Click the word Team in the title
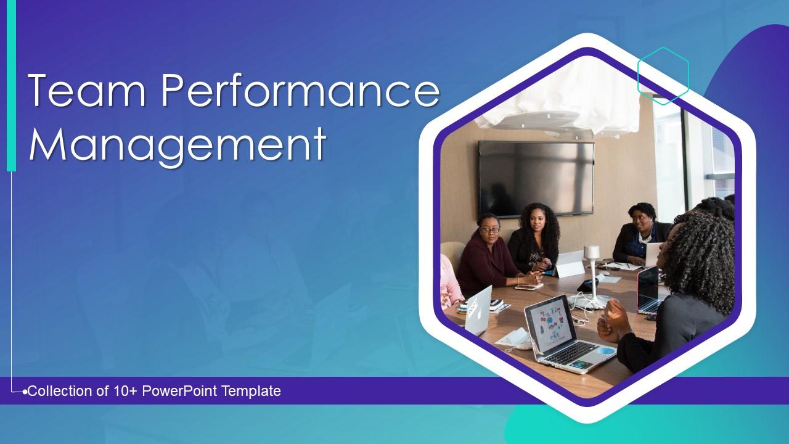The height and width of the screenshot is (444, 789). tap(86, 91)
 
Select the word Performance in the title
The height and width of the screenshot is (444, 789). tap(300, 91)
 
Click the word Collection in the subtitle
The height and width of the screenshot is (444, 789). tap(59, 391)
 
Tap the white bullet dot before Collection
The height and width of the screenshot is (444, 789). tap(25, 392)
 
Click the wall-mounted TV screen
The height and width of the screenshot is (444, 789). tap(536, 178)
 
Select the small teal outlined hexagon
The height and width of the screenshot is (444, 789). tap(663, 75)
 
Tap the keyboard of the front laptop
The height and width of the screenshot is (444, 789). tap(570, 351)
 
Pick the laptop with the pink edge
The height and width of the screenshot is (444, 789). tap(647, 290)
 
